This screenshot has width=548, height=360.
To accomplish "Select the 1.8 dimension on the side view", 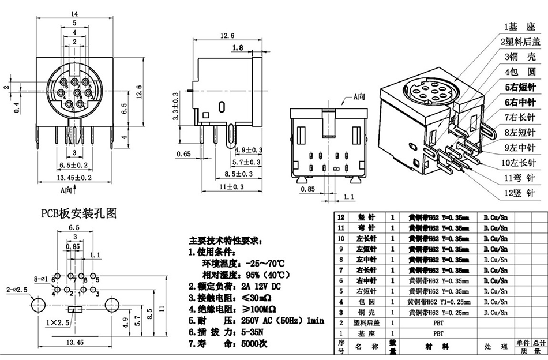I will point(237,48).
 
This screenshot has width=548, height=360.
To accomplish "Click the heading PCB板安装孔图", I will point(78,213).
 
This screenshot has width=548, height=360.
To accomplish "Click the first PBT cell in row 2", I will point(438,322).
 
